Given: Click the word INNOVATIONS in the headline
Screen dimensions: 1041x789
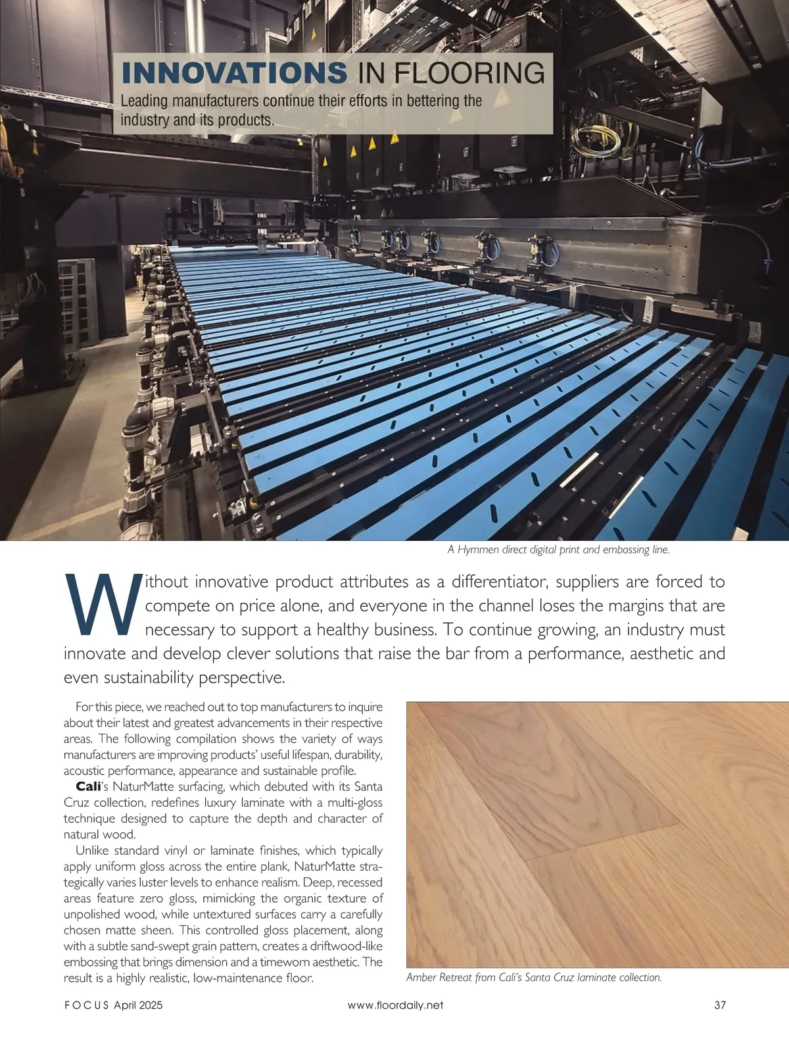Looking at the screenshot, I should [x=234, y=72].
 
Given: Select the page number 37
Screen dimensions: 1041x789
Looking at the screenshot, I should [x=719, y=1005].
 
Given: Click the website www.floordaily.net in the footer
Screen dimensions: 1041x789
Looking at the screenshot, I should [x=395, y=1005].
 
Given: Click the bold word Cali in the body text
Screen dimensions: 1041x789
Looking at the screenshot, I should [x=88, y=787].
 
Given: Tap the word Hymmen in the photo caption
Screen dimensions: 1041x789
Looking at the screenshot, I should [x=477, y=549].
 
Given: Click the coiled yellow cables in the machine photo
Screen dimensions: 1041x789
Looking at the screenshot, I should [x=593, y=140].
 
